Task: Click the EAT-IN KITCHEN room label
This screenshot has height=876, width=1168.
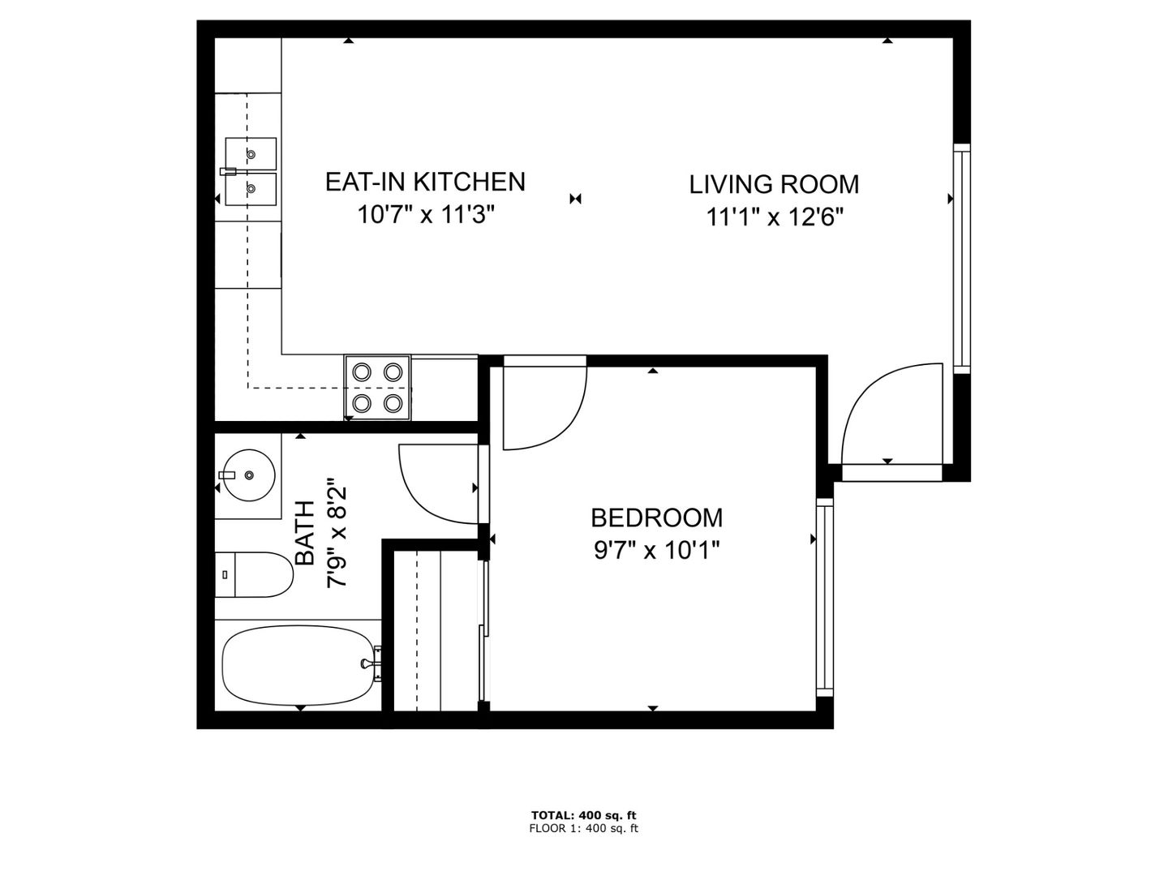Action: coord(425,182)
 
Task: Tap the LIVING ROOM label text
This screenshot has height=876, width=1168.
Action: coord(774,185)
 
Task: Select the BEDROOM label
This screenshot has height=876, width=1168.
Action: coord(657,518)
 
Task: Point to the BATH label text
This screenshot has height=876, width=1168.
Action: coord(306,533)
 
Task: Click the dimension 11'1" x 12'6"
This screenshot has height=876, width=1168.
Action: coord(775,217)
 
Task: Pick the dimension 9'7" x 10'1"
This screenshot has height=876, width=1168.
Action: coord(657,550)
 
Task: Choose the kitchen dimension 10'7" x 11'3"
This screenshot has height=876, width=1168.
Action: coord(426,215)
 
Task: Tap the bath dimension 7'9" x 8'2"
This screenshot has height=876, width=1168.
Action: coord(337,533)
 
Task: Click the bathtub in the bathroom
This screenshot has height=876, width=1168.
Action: coord(298,665)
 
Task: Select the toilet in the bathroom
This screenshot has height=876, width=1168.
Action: coord(254,574)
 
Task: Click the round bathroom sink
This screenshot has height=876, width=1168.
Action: coord(249,475)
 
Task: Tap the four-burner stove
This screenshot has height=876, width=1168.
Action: coord(377,388)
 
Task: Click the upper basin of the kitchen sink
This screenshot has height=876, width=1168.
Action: coord(251,154)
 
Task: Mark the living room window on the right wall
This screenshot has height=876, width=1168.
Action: coord(962,259)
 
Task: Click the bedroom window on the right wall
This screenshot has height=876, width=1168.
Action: coord(825,597)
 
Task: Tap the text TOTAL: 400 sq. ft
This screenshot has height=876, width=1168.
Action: coord(584,815)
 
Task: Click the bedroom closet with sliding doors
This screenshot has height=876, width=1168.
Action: coord(437,631)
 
